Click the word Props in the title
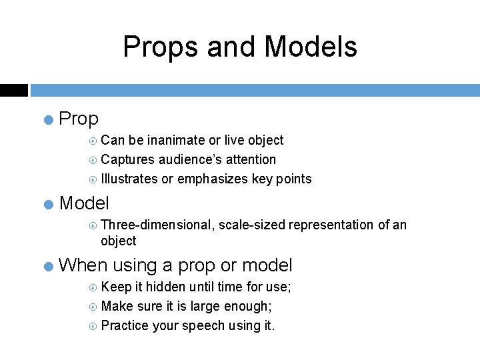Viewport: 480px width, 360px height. pos(161,47)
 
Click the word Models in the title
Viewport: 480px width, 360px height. pos(311,47)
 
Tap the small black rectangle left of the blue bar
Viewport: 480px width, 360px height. pos(13,90)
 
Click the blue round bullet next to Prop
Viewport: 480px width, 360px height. pos(48,120)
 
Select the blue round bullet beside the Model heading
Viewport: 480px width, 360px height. pos(48,204)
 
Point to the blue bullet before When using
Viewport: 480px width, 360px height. pos(48,267)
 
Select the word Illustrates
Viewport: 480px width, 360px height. pos(129,179)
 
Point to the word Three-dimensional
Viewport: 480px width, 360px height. pos(157,225)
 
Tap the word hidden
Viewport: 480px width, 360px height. pos(167,287)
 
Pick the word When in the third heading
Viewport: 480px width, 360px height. pos(83,265)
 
